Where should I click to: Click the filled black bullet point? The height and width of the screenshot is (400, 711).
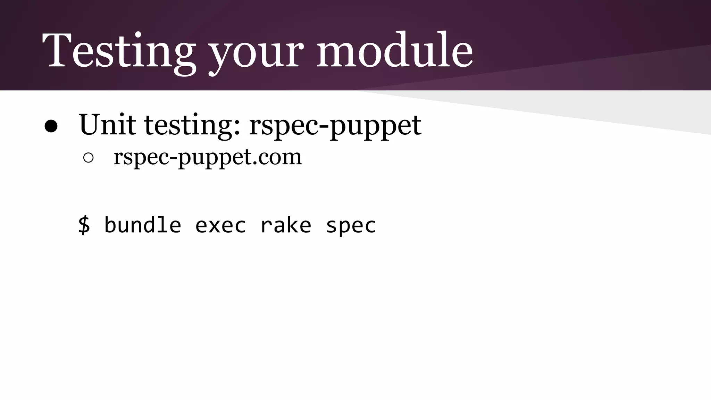(51, 127)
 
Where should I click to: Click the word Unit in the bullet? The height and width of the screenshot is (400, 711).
(107, 124)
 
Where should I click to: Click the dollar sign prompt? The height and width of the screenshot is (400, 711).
(84, 225)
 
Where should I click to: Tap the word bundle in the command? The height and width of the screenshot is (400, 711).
(143, 225)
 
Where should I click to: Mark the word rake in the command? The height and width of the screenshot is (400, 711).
(285, 225)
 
